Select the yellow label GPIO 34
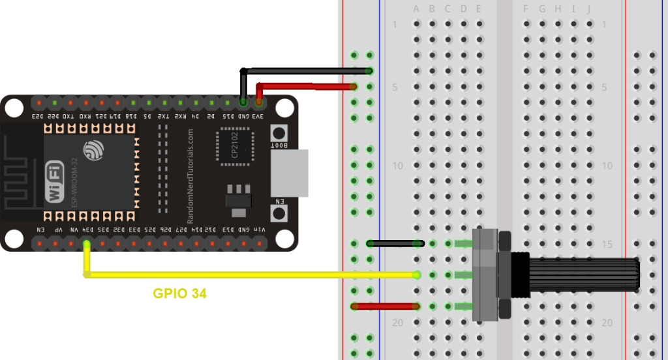[179, 294]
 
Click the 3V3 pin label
[259, 116]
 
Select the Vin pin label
[259, 230]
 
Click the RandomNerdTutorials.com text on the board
[190, 175]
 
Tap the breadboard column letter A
[417, 8]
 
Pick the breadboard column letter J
[589, 8]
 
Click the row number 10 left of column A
[397, 166]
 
